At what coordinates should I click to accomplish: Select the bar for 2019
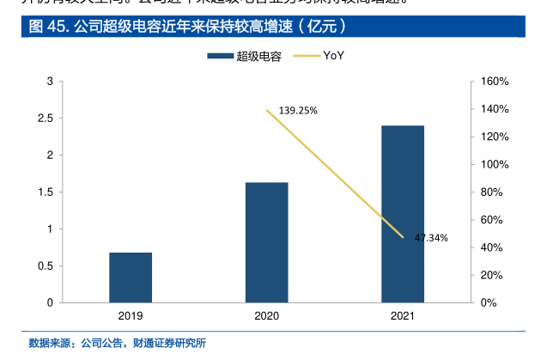[x=131, y=277]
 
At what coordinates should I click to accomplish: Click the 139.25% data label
[x=298, y=110]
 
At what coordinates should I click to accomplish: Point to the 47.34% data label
[x=431, y=238]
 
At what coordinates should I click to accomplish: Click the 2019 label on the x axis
[x=131, y=316]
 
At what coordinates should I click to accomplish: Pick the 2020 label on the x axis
[x=267, y=316]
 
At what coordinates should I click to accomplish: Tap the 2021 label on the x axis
[x=403, y=316]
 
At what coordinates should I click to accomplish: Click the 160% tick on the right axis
[x=495, y=82]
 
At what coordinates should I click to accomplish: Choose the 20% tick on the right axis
[x=493, y=275]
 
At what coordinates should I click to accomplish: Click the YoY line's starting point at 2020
[x=267, y=110]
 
